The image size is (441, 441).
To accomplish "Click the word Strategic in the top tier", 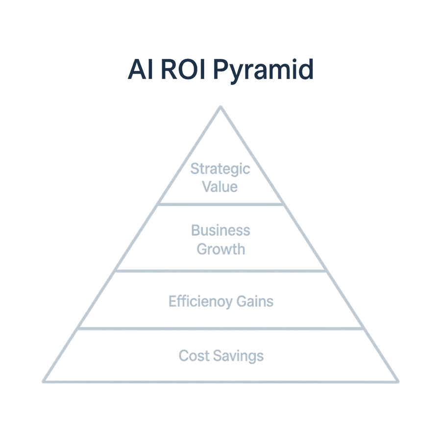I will pos(220,169).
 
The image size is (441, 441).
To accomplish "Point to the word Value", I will pos(220,187).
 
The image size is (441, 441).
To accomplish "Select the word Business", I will pos(220,230).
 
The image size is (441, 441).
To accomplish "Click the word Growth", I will pos(220,248).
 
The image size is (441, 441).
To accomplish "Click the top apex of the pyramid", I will pos(221,107).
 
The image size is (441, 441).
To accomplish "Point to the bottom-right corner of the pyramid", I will pos(397,381).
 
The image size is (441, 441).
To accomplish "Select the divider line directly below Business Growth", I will pos(221,270).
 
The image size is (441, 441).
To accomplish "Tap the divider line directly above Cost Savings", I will pos(221,328).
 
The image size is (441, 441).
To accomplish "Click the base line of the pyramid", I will pos(221,381).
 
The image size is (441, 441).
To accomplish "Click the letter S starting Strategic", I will pos(195,169).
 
